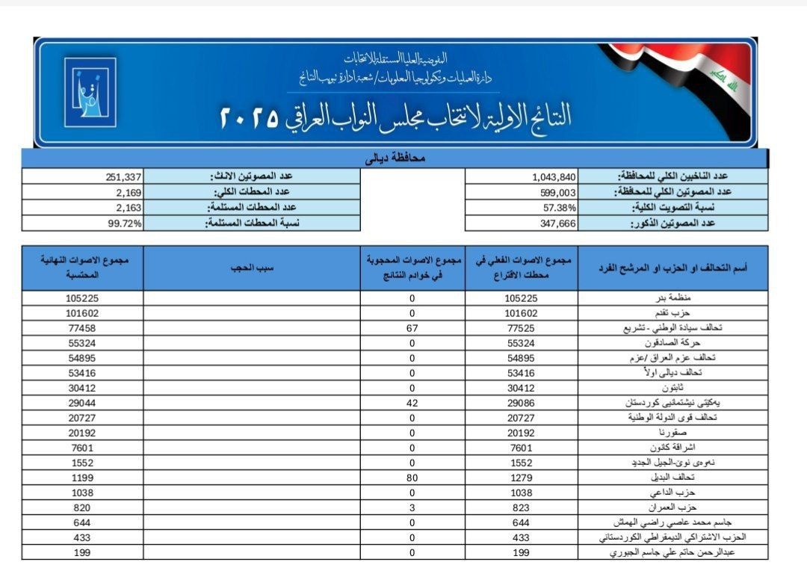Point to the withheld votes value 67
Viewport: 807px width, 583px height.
(412, 327)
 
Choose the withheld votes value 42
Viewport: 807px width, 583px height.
(412, 402)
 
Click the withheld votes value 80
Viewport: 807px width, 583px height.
(412, 477)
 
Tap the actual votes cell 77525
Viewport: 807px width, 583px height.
(522, 327)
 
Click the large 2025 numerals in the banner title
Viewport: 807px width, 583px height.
(249, 117)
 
